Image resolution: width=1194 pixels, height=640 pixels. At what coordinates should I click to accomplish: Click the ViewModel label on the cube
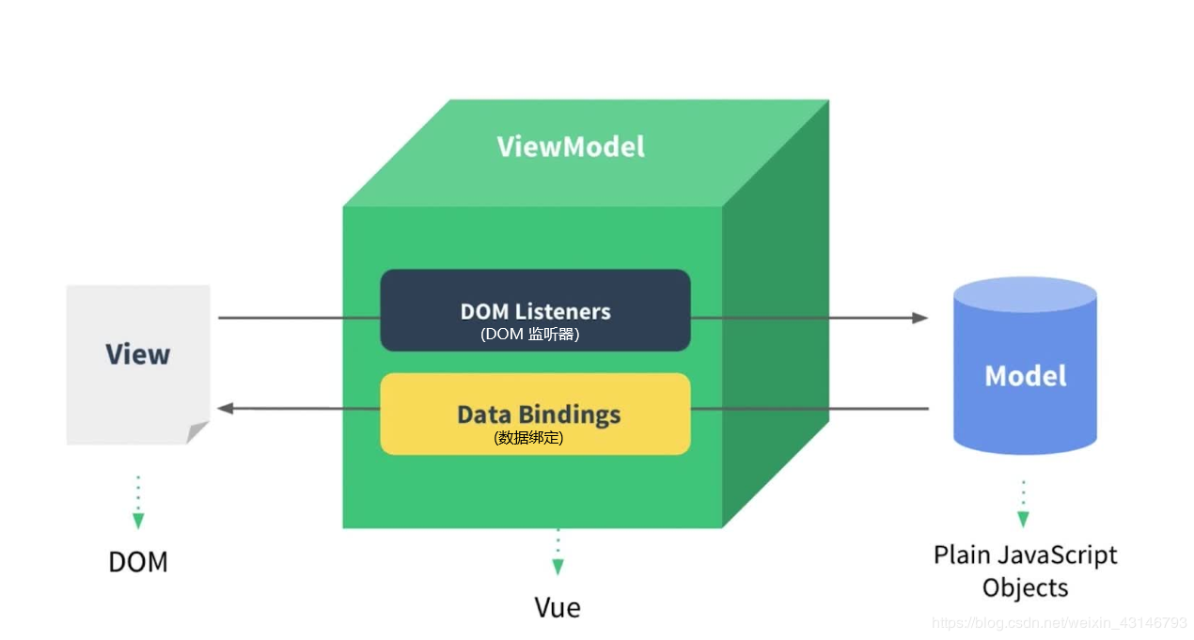coord(571,147)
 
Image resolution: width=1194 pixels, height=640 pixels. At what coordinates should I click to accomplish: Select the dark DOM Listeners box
coord(535,310)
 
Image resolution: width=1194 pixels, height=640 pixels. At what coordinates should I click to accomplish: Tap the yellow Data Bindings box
coord(535,414)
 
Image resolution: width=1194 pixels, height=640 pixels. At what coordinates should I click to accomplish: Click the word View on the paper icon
coord(137,354)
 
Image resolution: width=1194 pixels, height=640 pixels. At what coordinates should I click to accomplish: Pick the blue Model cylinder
coord(1025,376)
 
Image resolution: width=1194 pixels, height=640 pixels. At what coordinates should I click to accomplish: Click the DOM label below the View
coord(138,562)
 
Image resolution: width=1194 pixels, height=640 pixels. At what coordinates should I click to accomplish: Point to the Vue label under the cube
coord(558,607)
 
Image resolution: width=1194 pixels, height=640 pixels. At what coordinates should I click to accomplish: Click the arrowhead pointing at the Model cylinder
coord(920,318)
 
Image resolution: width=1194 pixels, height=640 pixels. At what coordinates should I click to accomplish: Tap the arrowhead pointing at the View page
coord(226,408)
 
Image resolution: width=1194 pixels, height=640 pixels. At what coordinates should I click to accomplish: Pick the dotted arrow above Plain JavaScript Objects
coord(1023,505)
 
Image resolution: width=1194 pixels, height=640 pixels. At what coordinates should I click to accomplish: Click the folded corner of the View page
coord(197,432)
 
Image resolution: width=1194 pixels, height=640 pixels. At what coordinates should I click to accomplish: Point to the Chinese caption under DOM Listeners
coord(529,334)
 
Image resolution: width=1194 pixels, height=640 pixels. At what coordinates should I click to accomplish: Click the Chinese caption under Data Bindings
coord(528,437)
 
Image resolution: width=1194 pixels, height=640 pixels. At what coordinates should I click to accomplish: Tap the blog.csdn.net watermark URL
coord(1059,623)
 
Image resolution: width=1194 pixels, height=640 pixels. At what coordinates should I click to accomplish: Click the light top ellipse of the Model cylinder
coord(1025,295)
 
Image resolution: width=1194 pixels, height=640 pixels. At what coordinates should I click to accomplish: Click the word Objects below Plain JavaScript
coord(1025,588)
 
